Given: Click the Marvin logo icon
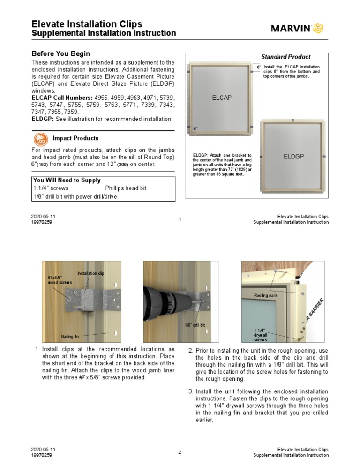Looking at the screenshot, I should [x=318, y=28].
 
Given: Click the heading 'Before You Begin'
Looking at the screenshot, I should [x=60, y=54].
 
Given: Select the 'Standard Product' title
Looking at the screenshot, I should [x=285, y=57].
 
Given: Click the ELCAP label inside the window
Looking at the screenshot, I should [x=222, y=98].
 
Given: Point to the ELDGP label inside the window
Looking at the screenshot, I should [x=293, y=156].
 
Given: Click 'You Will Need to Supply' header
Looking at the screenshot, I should [x=67, y=180].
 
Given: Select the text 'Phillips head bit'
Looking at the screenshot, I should [x=126, y=188].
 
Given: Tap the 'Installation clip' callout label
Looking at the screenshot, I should [x=90, y=273].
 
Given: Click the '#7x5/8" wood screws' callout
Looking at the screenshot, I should [x=60, y=280].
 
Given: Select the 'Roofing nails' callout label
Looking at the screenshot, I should [x=266, y=296].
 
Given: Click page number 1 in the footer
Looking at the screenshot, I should [x=180, y=219].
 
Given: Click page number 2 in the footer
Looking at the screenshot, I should [x=180, y=452].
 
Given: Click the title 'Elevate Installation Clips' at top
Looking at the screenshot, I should [x=87, y=24].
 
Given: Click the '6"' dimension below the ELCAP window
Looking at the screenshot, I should [x=195, y=128].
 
